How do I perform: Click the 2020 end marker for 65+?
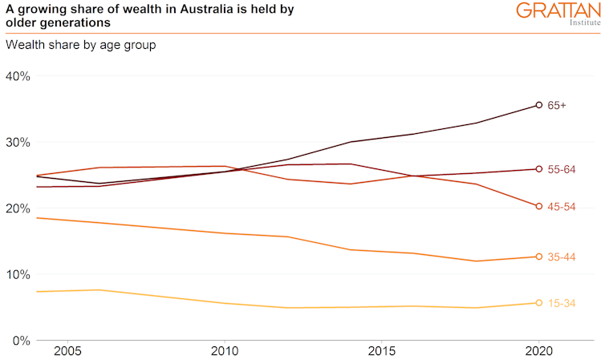click(539, 105)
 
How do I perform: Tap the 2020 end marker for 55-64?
click(539, 169)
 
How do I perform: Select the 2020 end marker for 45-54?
click(539, 206)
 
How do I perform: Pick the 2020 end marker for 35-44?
click(539, 257)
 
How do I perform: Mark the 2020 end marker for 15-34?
click(539, 303)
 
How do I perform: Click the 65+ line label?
click(557, 105)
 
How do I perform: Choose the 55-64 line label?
click(562, 169)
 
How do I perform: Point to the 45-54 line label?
click(562, 206)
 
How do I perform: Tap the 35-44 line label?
click(562, 257)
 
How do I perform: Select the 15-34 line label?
click(562, 303)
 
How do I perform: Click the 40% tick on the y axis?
click(18, 76)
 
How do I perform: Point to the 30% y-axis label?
click(18, 143)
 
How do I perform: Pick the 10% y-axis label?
click(18, 274)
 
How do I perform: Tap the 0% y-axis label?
click(21, 341)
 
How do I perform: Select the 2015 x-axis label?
click(381, 353)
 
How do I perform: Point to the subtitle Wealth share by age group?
click(80, 45)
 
